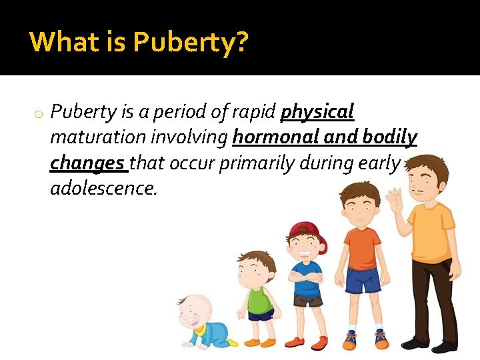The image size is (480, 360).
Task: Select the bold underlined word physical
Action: pyautogui.click(x=317, y=112)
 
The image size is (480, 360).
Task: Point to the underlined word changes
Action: pyautogui.click(x=87, y=163)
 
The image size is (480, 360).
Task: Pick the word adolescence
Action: pyautogui.click(x=103, y=189)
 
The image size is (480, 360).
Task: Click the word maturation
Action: pyautogui.click(x=97, y=137)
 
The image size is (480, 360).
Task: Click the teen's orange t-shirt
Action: pyautogui.click(x=363, y=247)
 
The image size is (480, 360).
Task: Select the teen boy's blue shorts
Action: pyautogui.click(x=363, y=281)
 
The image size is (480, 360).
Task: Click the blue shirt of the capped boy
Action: pyautogui.click(x=307, y=278)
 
